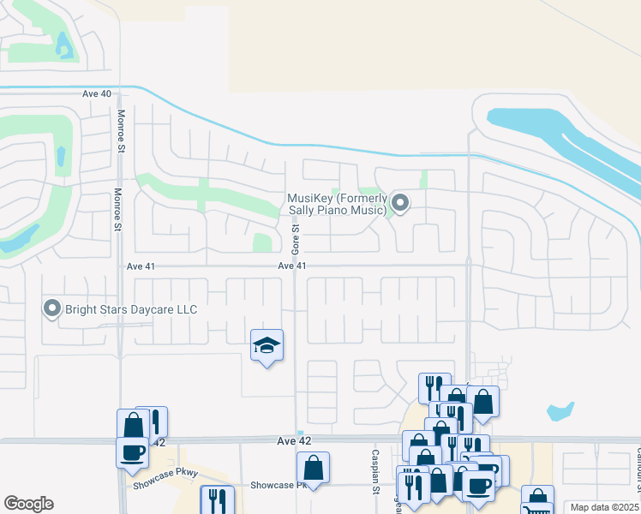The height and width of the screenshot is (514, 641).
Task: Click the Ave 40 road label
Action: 97,93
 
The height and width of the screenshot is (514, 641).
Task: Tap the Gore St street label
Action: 295,234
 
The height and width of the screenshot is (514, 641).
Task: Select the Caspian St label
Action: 374,471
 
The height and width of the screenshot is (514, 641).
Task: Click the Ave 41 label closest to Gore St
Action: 292,266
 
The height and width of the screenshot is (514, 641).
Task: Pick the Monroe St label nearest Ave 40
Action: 121,131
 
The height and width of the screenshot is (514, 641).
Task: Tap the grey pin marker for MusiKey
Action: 400,203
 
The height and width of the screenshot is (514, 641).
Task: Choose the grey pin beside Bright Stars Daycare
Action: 52,308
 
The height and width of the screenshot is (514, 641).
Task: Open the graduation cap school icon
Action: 267,345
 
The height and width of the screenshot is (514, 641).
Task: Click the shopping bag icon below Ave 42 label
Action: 313,468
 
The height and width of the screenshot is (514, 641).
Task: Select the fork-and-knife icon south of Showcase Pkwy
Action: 216,499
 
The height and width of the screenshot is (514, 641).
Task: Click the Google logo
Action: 28,504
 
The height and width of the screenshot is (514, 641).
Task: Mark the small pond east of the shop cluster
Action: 560,410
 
